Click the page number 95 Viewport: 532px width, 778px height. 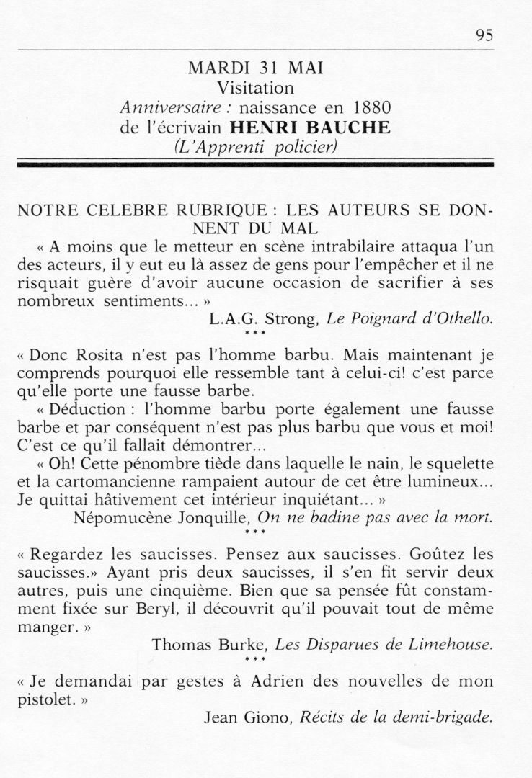click(x=484, y=37)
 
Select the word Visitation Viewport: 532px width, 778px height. click(x=256, y=89)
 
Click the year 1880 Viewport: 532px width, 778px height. click(x=364, y=108)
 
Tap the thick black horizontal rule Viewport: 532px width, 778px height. click(x=256, y=165)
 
